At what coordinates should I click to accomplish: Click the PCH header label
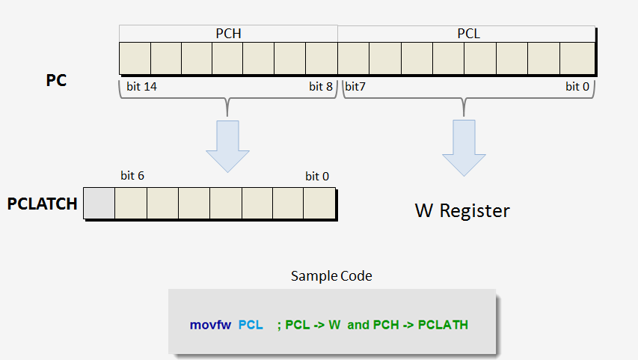pyautogui.click(x=227, y=34)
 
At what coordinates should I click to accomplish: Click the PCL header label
pyautogui.click(x=468, y=34)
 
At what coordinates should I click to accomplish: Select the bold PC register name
pyautogui.click(x=57, y=80)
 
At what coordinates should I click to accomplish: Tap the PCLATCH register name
pyautogui.click(x=43, y=204)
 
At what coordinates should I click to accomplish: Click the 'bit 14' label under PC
pyautogui.click(x=141, y=87)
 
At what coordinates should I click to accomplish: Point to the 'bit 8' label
pyautogui.click(x=321, y=87)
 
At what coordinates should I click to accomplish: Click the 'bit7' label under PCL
pyautogui.click(x=355, y=87)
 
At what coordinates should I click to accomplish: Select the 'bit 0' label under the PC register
pyautogui.click(x=577, y=87)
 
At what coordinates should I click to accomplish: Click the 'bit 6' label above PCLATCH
pyautogui.click(x=132, y=176)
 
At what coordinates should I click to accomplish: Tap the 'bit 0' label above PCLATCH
pyautogui.click(x=317, y=177)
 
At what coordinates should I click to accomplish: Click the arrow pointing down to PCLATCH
pyautogui.click(x=227, y=145)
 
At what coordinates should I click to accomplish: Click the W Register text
pyautogui.click(x=462, y=211)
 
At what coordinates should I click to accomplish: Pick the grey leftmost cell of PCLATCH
pyautogui.click(x=99, y=203)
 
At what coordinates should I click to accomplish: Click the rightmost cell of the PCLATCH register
pyautogui.click(x=319, y=203)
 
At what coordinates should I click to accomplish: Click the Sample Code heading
pyautogui.click(x=331, y=276)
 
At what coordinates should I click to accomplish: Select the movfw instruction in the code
pyautogui.click(x=210, y=326)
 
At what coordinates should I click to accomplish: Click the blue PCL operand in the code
pyautogui.click(x=251, y=326)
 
